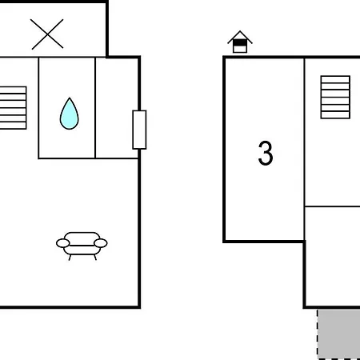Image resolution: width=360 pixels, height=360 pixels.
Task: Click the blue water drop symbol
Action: [x=70, y=114]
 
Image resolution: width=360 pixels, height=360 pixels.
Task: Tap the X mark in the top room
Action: [x=47, y=34]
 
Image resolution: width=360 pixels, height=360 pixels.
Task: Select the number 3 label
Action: [x=266, y=153]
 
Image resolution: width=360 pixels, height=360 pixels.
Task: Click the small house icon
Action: [x=240, y=42]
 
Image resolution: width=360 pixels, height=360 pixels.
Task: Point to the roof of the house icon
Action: [x=240, y=37]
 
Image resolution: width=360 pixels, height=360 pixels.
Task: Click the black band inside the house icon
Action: [x=240, y=42]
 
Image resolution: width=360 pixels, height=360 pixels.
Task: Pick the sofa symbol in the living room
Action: [x=82, y=246]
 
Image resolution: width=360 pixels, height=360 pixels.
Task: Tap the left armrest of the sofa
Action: [x=63, y=243]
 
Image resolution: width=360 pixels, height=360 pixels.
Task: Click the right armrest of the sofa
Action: [x=101, y=243]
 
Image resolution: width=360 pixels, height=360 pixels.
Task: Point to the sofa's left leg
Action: [x=70, y=258]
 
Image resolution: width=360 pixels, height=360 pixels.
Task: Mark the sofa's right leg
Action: [x=94, y=258]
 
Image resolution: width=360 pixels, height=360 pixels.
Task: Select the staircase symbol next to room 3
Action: [x=335, y=97]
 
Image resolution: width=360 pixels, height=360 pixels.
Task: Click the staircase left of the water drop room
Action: [x=13, y=108]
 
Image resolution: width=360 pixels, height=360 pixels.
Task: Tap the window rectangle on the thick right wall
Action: [x=139, y=130]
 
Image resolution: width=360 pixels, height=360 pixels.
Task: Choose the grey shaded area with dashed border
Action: [x=338, y=334]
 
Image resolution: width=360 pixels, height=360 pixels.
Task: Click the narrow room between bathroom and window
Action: [x=117, y=108]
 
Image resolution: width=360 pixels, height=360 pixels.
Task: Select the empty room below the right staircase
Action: [x=332, y=257]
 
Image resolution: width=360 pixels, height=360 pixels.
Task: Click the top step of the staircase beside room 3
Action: [x=335, y=80]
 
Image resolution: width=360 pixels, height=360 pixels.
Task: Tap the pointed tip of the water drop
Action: [x=70, y=98]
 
